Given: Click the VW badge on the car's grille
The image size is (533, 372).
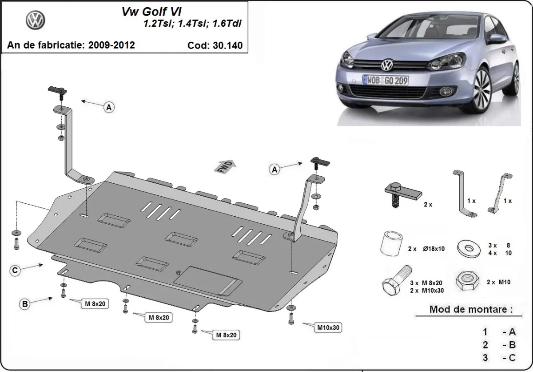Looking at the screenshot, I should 387,65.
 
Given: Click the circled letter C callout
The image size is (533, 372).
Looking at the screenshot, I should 15,270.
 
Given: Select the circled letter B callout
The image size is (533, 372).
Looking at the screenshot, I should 25,304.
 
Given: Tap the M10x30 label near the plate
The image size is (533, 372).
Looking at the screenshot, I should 328,328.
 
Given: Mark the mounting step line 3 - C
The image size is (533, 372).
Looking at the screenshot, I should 499,358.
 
